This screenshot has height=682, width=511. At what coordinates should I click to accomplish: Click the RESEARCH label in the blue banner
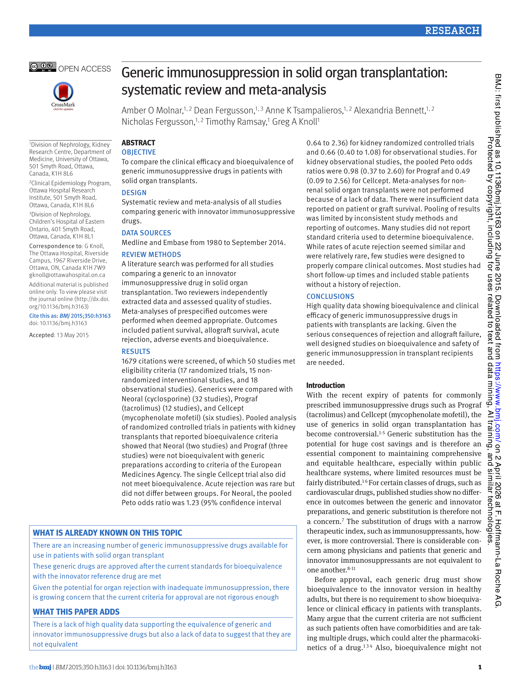point(452,31)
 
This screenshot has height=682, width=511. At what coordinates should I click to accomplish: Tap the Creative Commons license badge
point(43,67)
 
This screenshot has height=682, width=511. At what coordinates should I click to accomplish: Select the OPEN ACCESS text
point(84,69)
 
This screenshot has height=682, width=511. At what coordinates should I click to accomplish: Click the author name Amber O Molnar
point(152,110)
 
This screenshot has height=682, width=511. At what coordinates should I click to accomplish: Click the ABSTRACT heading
point(138,143)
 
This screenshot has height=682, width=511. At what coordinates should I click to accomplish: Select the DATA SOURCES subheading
point(146,233)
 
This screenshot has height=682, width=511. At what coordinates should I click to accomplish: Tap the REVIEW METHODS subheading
point(151,255)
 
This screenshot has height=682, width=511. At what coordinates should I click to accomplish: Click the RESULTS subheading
point(136,351)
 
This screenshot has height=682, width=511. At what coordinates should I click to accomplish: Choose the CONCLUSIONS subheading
point(330,297)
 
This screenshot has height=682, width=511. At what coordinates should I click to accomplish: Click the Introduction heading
point(325,385)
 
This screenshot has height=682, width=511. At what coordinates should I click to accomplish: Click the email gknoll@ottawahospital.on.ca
point(67,275)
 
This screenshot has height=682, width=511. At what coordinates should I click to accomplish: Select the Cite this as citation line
point(70,316)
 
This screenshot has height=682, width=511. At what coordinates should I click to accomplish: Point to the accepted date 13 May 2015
point(72,335)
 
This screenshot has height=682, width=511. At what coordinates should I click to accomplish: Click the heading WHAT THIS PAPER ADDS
point(76,612)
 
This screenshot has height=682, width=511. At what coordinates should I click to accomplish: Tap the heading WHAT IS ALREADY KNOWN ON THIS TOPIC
point(107,533)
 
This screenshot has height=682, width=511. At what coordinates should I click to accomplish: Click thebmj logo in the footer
point(40,667)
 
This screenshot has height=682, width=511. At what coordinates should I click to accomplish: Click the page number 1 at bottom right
point(480,667)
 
